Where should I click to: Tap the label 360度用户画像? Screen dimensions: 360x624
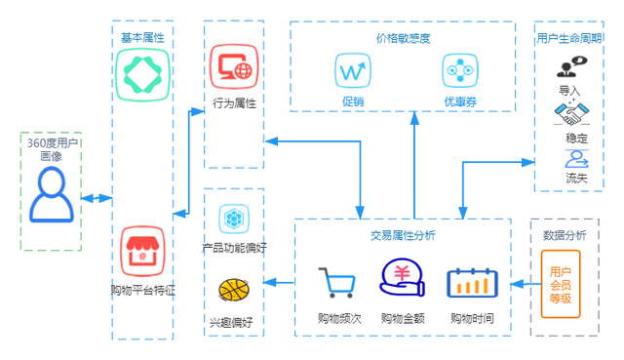(x=52, y=149)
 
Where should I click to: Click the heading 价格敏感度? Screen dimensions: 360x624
(x=403, y=39)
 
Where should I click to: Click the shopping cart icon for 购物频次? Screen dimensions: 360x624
(x=337, y=284)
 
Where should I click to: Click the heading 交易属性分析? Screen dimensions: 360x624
(x=403, y=236)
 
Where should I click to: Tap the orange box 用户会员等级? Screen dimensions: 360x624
(x=561, y=284)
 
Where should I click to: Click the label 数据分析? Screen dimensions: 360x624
(x=565, y=235)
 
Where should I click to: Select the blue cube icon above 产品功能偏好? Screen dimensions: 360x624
(x=232, y=218)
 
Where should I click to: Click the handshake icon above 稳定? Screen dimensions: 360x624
(x=573, y=115)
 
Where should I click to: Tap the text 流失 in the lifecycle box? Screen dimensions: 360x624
(x=576, y=178)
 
